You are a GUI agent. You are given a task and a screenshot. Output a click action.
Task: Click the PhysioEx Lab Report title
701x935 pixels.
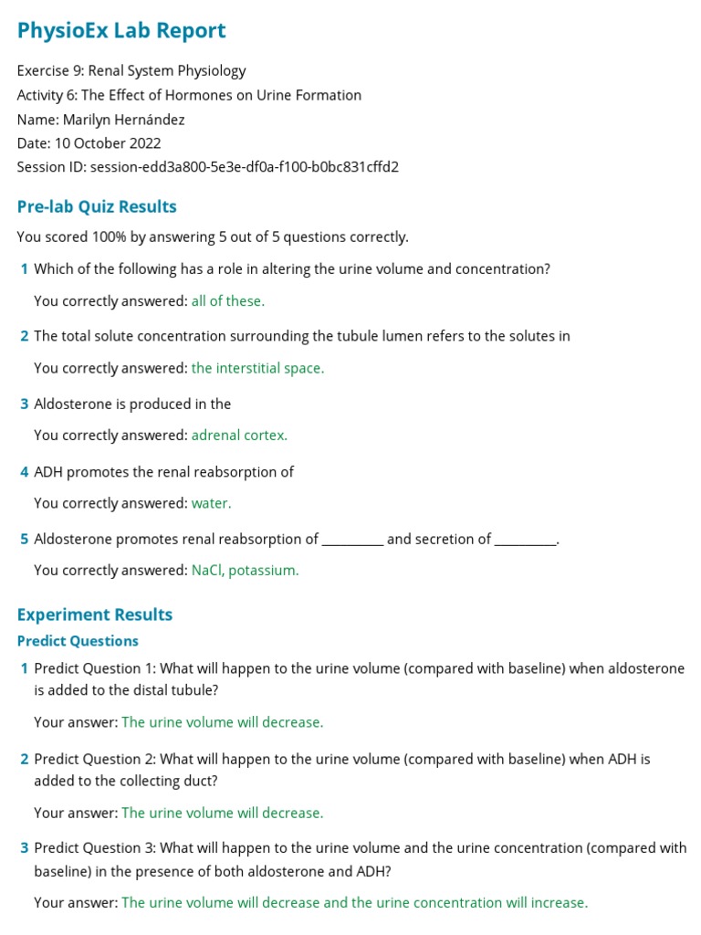pos(121,31)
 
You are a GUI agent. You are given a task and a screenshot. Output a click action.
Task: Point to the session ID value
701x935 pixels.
pos(244,167)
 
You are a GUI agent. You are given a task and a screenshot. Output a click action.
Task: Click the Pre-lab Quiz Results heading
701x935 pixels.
pos(97,207)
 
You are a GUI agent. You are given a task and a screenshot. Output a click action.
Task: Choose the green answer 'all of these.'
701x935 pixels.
pos(228,301)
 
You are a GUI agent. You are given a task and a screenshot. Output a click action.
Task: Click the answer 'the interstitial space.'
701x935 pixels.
pos(257,369)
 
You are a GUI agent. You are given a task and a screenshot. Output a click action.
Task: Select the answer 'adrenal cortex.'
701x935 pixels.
pos(239,436)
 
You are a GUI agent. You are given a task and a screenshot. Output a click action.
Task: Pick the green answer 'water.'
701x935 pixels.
pos(212,503)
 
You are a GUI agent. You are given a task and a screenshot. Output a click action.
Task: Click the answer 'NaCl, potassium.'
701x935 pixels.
pos(245,571)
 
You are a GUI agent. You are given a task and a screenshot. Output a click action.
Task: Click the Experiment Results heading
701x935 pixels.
pos(95,615)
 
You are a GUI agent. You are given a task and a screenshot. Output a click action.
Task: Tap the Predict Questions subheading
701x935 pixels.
pos(78,641)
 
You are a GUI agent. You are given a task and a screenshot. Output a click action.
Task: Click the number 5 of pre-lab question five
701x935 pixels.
pos(25,540)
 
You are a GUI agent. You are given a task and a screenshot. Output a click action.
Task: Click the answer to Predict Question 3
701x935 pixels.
pos(354,903)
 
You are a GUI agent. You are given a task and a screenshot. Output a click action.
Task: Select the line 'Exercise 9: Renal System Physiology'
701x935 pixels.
pos(131,71)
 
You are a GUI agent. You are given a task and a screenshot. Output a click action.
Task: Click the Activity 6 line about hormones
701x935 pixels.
pos(189,95)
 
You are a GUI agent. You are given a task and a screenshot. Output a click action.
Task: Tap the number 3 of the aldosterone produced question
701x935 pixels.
pos(25,404)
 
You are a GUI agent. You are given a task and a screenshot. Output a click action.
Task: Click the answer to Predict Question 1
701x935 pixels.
pos(222,722)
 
